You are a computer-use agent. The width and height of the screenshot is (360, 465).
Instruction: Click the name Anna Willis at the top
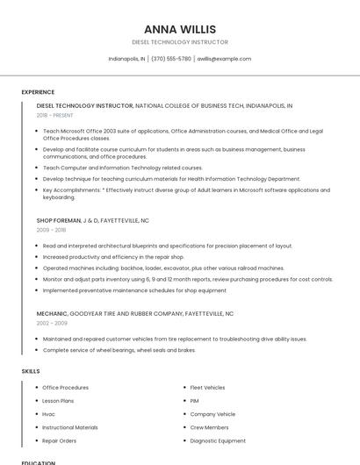coord(179,29)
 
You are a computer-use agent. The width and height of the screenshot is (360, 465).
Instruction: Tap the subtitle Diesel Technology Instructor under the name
coord(179,42)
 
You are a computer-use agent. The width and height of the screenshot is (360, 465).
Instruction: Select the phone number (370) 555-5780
coord(170,59)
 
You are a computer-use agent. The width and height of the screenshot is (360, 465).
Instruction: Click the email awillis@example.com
coord(224,59)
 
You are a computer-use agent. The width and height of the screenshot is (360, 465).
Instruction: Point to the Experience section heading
coord(38,92)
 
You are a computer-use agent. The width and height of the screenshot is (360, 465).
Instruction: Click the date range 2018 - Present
coord(56,115)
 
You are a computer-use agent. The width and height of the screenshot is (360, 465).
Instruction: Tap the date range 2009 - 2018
coord(51,230)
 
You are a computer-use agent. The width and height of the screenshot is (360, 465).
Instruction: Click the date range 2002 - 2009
coord(52,323)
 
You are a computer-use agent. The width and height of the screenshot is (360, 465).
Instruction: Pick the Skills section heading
coord(31,371)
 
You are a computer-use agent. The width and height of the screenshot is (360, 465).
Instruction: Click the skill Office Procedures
coord(66,387)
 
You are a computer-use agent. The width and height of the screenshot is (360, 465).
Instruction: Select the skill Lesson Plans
coord(58,400)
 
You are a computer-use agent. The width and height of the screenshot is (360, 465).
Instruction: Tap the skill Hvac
coord(49,413)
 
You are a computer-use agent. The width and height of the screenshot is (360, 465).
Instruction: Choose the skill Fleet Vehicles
coord(207,387)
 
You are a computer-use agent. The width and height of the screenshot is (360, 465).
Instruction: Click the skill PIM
coord(195,400)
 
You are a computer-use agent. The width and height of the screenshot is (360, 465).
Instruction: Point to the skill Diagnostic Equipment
coord(218,440)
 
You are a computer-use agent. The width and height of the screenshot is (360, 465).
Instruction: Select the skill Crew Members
coord(209,427)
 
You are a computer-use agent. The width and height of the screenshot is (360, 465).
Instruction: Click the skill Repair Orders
coord(60,440)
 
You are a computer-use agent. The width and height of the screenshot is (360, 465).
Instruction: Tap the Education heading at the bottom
coord(39,462)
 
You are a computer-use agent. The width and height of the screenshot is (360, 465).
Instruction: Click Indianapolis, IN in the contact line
coord(126,59)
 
